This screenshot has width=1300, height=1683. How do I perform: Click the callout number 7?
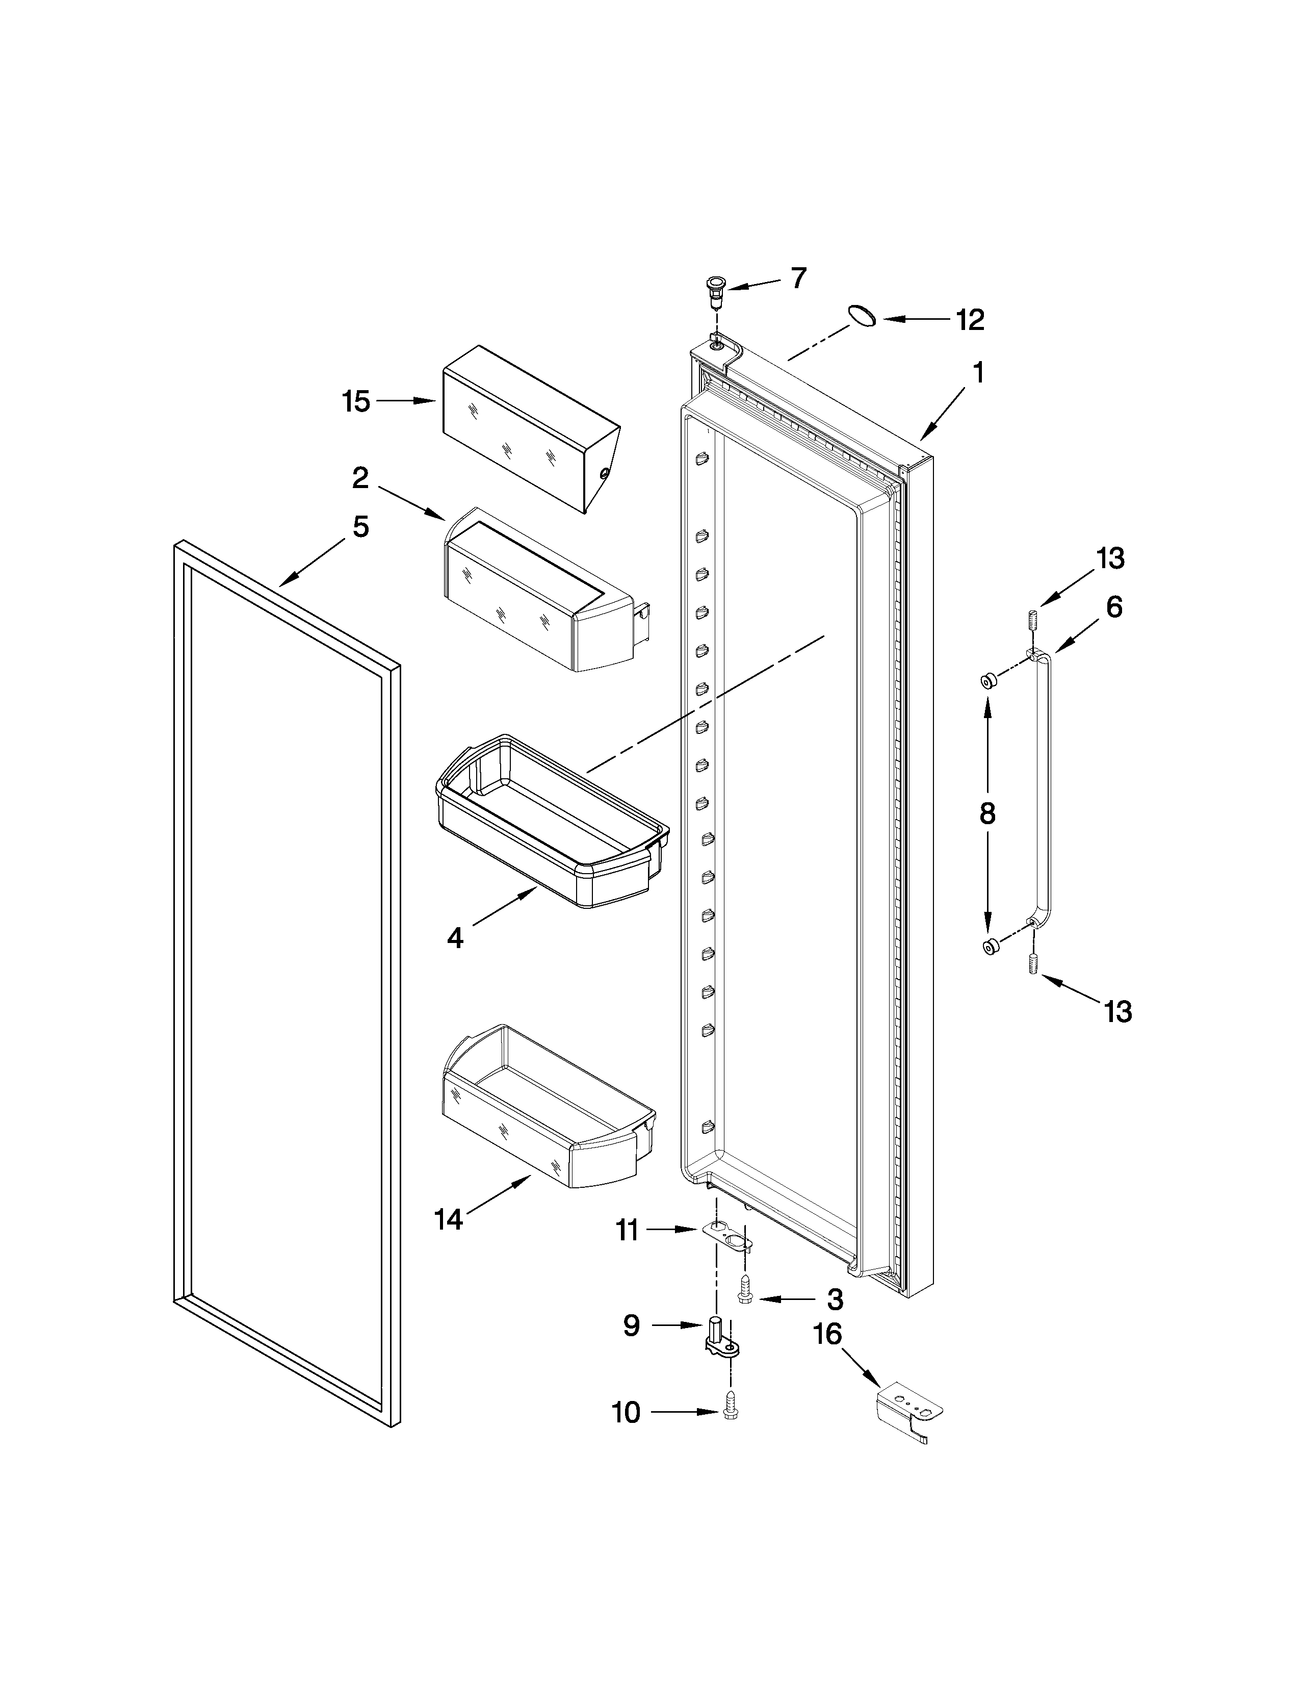799,277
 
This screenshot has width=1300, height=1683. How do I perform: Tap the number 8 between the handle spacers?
987,813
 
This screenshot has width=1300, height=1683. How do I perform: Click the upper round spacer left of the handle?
988,680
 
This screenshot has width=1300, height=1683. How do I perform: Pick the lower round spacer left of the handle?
990,946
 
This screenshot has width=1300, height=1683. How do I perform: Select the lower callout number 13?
1117,1011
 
